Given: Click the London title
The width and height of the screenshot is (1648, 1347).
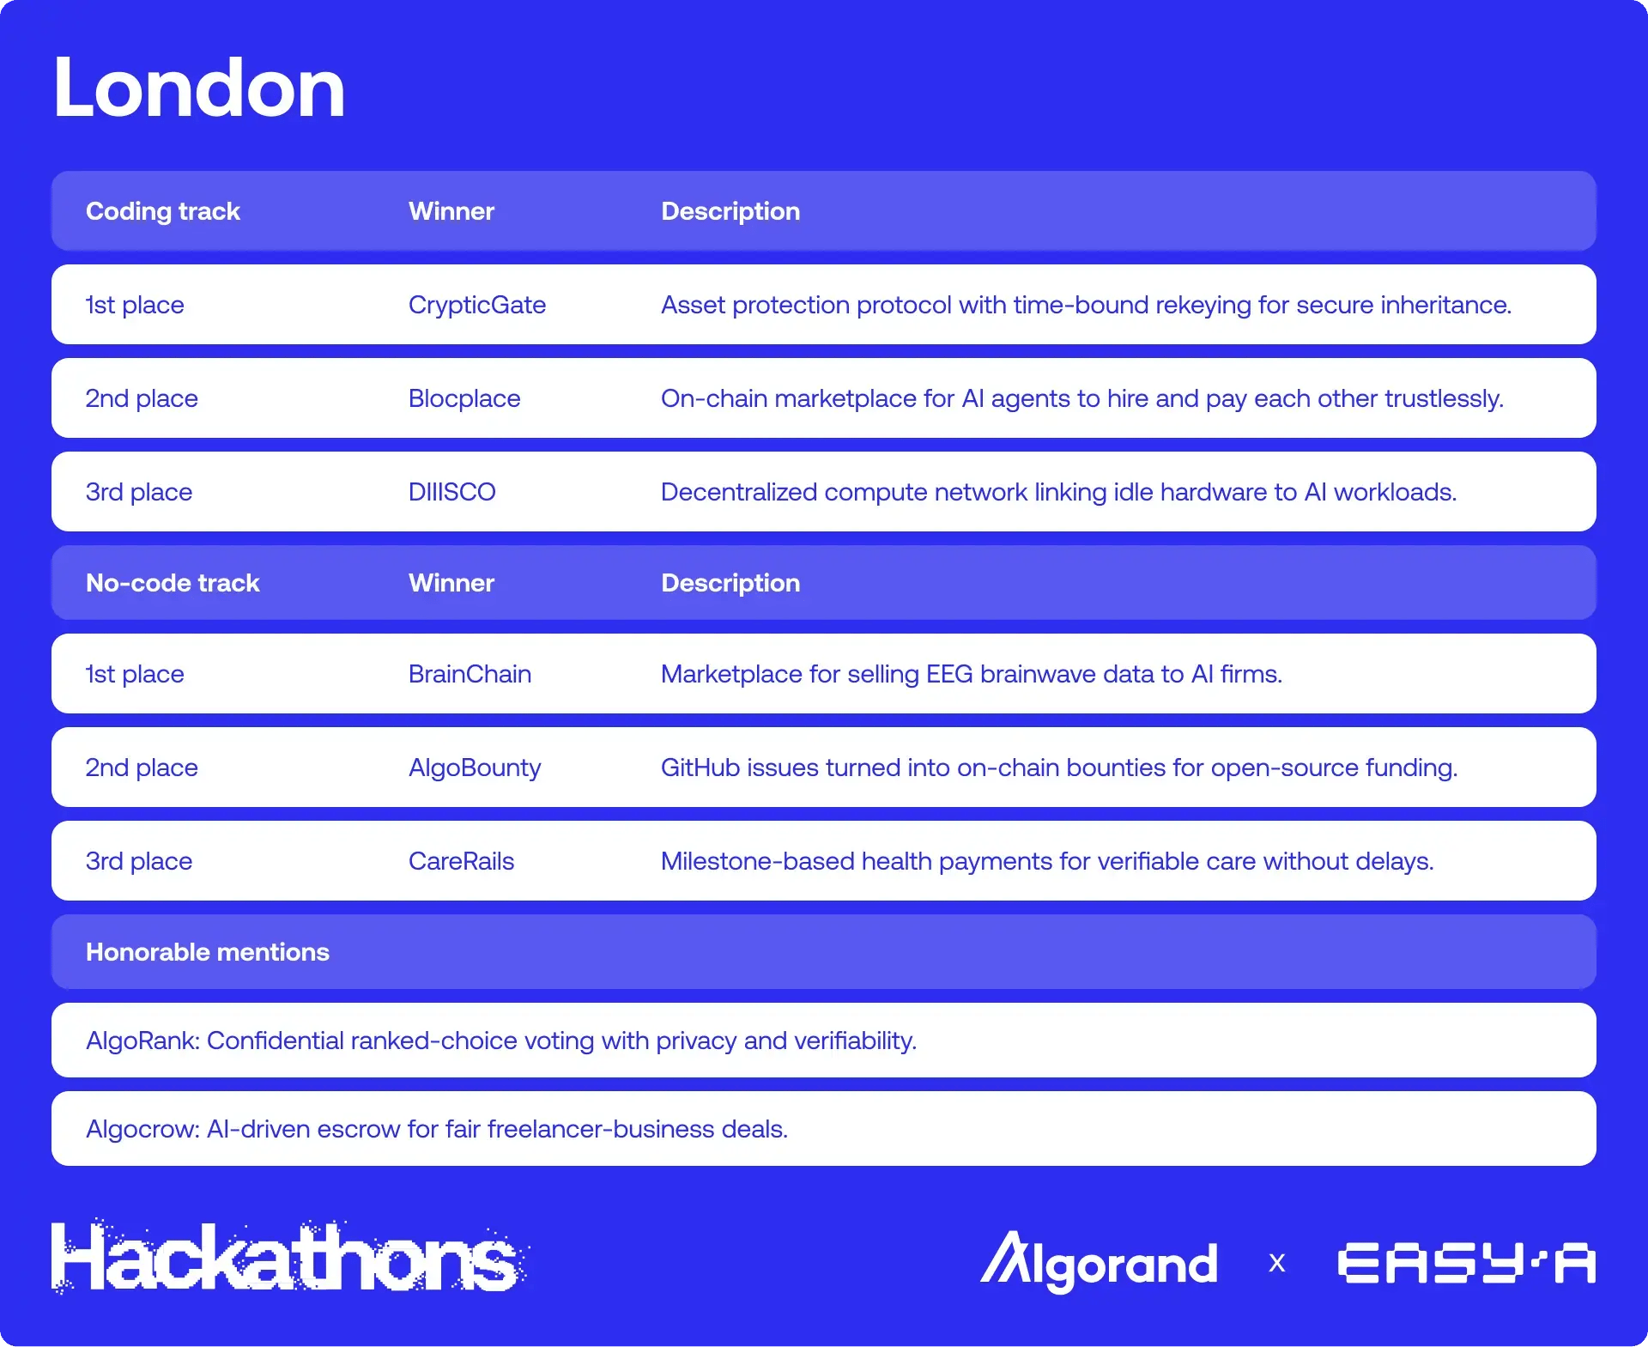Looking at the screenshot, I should tap(199, 88).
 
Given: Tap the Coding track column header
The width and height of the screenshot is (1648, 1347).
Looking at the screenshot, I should tap(163, 211).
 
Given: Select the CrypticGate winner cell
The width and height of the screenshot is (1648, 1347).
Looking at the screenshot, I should tap(477, 305).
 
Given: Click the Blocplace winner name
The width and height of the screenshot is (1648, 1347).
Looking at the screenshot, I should tap(464, 398).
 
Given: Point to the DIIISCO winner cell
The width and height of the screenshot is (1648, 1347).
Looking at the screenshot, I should tap(452, 492).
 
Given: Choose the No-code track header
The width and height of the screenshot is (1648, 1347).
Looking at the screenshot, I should tap(173, 583).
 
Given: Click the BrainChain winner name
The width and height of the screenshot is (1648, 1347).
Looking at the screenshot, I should tap(470, 674).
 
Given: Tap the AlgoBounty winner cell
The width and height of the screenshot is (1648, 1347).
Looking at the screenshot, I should tap(475, 768).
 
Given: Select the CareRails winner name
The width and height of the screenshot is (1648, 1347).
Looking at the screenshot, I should tap(461, 861).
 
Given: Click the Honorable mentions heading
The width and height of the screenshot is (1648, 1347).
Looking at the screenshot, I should tap(208, 952).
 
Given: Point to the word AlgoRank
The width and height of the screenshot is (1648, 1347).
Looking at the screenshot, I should tap(142, 1041).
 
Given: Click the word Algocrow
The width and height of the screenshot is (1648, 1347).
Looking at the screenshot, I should tap(142, 1129).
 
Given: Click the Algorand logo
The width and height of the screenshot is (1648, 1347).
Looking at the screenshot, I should tap(1100, 1262).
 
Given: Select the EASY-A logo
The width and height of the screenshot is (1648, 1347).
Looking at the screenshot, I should tap(1466, 1263).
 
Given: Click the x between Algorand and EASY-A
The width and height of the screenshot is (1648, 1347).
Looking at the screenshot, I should tap(1277, 1264).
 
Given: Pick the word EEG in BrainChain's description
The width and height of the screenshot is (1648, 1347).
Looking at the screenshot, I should tap(949, 674).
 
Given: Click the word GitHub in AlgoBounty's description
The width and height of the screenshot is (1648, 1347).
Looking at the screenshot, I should tap(700, 768).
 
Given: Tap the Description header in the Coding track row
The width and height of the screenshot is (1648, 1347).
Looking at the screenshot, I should tap(730, 211).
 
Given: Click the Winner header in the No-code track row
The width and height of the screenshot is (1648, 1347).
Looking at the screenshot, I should tap(451, 583).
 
